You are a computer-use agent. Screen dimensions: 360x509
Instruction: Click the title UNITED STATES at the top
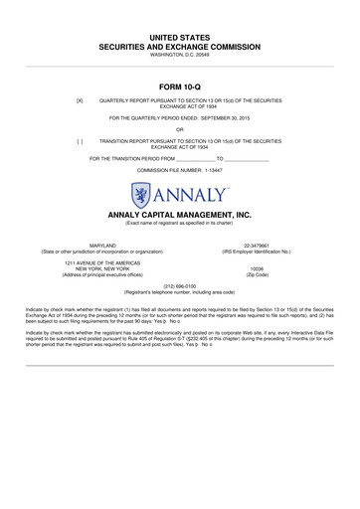point(180,36)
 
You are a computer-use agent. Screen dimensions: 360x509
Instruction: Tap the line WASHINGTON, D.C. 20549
point(180,56)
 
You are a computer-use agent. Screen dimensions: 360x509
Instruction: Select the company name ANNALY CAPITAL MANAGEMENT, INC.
point(180,214)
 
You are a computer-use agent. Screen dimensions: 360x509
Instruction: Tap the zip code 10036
point(257,268)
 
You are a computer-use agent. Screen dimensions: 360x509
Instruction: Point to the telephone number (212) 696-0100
point(180,285)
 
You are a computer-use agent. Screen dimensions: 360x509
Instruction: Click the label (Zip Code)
point(257,274)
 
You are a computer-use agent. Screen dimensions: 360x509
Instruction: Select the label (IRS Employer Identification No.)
point(257,252)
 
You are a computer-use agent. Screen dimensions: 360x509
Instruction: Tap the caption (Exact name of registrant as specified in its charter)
point(180,223)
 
